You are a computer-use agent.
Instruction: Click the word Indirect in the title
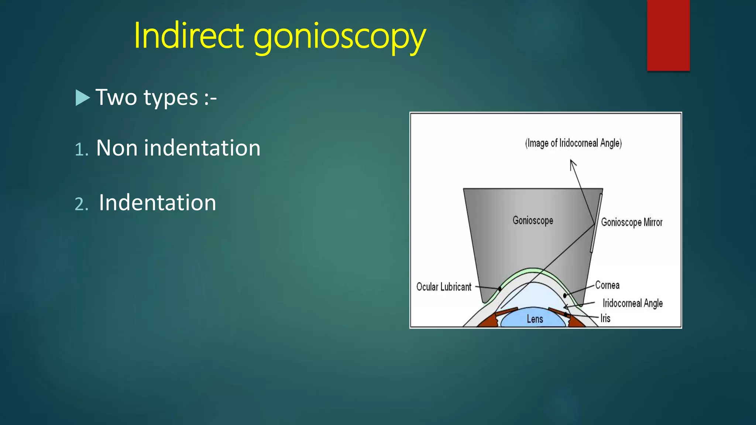click(188, 36)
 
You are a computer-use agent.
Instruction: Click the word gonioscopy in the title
click(339, 37)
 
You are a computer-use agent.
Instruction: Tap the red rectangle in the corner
click(668, 35)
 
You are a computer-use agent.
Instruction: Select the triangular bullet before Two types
click(82, 98)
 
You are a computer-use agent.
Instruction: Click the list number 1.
click(81, 149)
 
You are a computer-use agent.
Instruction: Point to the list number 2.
click(81, 204)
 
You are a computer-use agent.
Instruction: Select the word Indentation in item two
click(157, 203)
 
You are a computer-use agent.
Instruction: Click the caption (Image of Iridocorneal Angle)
click(573, 143)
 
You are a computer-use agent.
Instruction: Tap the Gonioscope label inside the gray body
click(533, 221)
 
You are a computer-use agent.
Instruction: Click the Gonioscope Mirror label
click(632, 222)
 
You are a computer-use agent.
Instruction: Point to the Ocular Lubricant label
click(444, 287)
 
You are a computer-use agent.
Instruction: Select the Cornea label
click(607, 285)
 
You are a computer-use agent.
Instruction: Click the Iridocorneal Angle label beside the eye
click(632, 303)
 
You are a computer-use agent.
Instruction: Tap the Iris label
click(605, 318)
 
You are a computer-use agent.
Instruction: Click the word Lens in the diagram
click(535, 319)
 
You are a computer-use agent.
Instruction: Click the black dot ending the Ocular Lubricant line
click(500, 289)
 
